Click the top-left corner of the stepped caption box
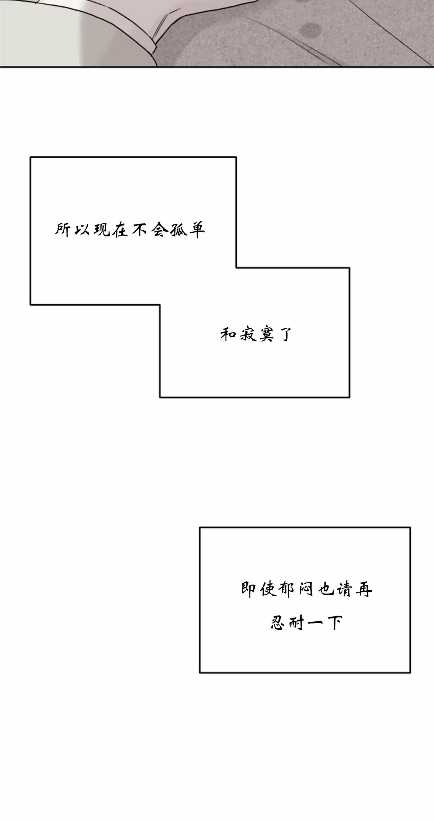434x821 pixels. pos(31,157)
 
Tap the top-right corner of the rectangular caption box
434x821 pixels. pos(410,528)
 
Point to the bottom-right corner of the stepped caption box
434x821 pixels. pos(349,397)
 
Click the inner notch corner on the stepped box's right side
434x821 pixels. pos(236,268)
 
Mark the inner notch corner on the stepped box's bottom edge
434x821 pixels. pos(160,305)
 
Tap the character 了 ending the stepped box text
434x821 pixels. pos(285,334)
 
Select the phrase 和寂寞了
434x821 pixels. pos(256,334)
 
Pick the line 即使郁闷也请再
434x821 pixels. pos(307,589)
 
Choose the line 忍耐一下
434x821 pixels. pos(307,622)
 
